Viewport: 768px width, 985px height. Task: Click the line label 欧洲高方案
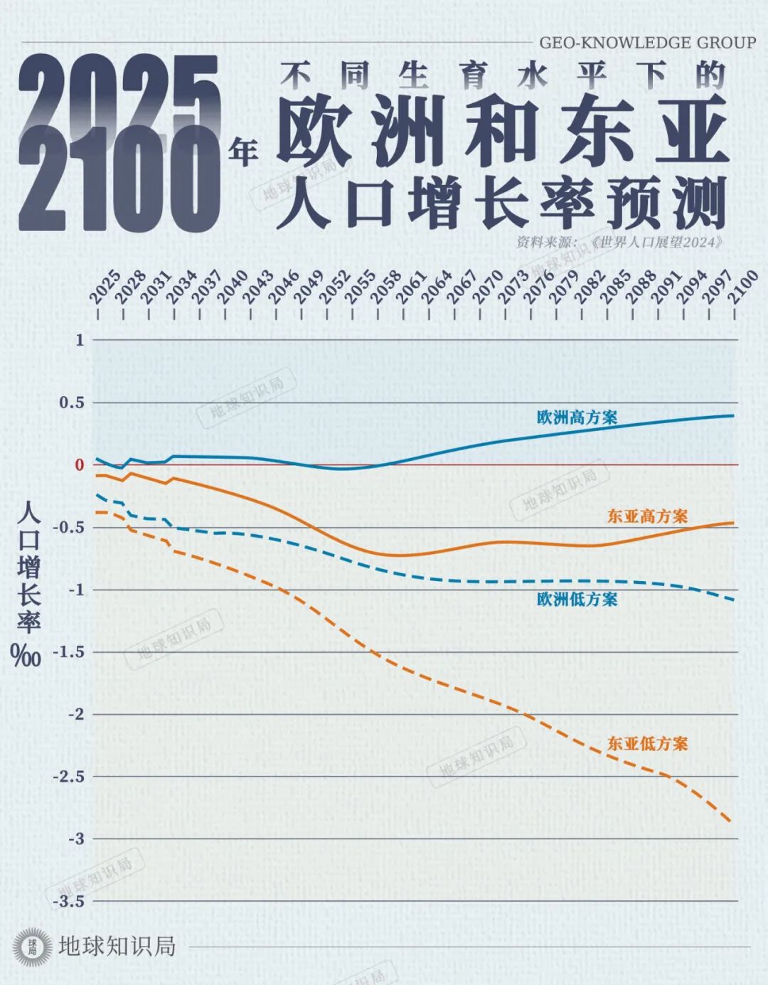(x=577, y=417)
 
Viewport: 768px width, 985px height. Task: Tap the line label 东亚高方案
(x=647, y=516)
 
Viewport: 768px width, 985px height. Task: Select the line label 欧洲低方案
(x=577, y=599)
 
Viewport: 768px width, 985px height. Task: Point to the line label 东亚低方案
(x=647, y=744)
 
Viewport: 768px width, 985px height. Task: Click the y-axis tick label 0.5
(x=71, y=403)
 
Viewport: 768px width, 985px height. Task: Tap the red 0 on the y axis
(x=80, y=465)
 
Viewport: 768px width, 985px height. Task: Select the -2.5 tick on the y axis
(x=69, y=777)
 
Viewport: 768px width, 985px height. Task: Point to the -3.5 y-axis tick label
(x=69, y=901)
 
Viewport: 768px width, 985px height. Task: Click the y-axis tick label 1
(x=80, y=340)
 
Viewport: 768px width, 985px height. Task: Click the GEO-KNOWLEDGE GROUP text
(x=647, y=43)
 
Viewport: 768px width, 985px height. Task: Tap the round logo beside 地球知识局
(x=33, y=947)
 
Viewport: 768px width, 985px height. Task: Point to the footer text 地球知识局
(x=117, y=947)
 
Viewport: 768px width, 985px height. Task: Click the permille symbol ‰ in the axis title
(x=26, y=656)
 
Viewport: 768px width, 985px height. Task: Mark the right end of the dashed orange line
(x=731, y=821)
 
